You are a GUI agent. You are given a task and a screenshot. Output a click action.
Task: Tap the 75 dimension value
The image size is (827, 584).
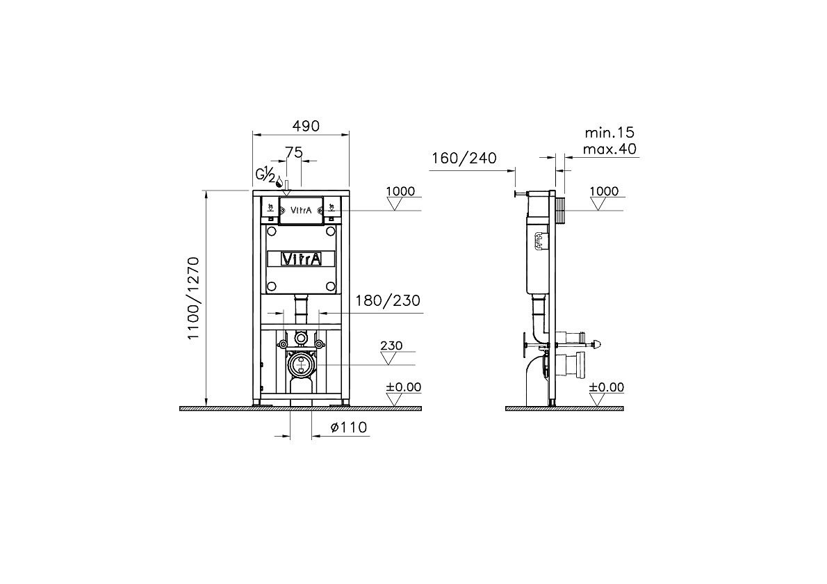tap(294, 152)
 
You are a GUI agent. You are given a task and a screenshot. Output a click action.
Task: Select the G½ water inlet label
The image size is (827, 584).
tap(265, 174)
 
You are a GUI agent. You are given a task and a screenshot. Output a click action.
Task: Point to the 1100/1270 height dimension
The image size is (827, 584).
tap(194, 298)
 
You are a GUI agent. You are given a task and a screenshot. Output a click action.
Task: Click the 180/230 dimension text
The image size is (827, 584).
tap(388, 301)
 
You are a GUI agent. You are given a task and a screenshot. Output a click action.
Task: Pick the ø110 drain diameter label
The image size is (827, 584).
tap(349, 427)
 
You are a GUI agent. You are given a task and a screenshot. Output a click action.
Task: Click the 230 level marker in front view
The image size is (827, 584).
tap(391, 346)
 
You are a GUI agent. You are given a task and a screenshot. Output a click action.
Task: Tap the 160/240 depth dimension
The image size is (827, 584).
tap(464, 158)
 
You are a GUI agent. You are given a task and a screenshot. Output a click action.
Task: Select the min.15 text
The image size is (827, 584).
tap(609, 132)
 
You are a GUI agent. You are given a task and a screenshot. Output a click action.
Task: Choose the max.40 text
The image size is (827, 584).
tap(609, 149)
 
